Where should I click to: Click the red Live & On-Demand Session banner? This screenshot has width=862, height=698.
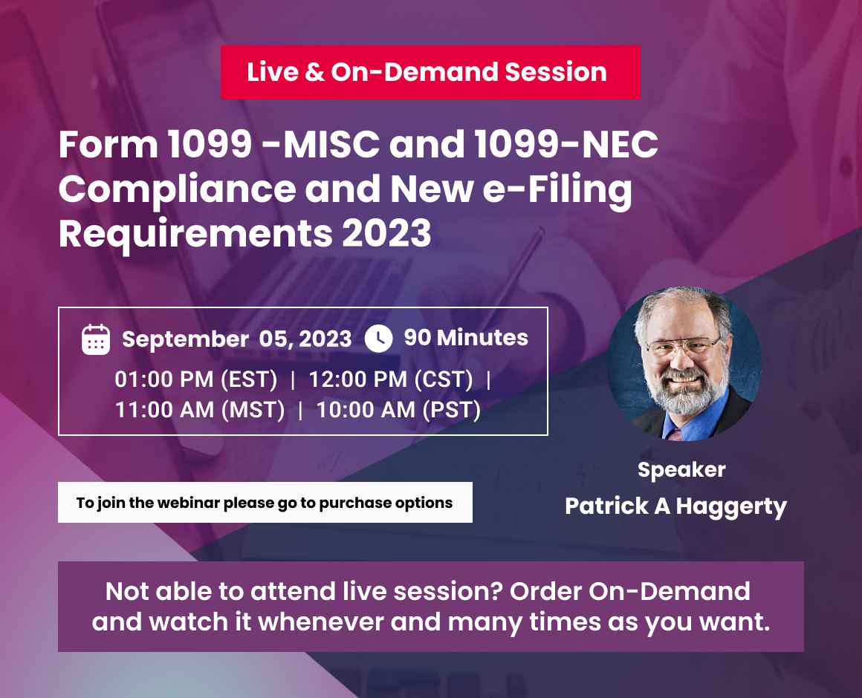point(430,72)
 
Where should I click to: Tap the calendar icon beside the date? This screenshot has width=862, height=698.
point(96,339)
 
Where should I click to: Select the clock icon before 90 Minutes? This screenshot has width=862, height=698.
point(379,339)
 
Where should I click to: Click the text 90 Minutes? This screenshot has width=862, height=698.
point(466,338)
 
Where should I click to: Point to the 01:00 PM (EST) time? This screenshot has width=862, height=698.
point(195,379)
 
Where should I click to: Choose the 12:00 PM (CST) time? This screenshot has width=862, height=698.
point(391,379)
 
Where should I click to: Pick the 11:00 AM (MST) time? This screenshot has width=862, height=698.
point(200,410)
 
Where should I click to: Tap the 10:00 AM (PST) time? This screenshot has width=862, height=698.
point(398,410)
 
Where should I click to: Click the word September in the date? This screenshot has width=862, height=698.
point(185,340)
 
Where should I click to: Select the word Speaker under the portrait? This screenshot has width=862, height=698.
point(681,470)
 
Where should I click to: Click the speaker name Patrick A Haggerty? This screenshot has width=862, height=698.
point(676,506)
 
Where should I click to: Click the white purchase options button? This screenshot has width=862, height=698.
point(265,503)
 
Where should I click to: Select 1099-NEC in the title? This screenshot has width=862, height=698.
point(566,145)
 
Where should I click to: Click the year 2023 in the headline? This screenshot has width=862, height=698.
point(386,233)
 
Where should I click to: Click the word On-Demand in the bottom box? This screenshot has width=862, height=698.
point(669,592)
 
